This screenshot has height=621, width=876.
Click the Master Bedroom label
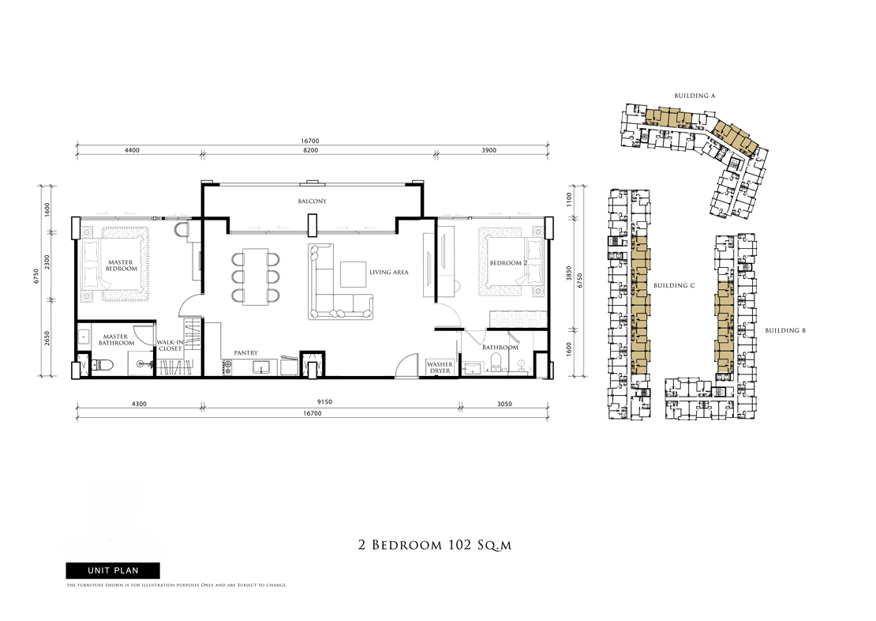[122, 265]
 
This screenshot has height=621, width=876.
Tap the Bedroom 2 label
[507, 263]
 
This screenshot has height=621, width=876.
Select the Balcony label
[313, 201]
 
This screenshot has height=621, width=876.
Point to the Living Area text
[389, 273]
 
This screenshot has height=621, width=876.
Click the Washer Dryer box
[440, 367]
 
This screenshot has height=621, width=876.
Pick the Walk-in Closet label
[170, 345]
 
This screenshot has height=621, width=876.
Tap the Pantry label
[245, 353]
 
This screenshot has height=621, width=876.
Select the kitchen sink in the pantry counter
[262, 367]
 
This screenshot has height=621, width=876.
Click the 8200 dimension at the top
[311, 150]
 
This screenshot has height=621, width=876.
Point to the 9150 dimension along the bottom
[324, 402]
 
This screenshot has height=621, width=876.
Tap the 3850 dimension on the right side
[569, 273]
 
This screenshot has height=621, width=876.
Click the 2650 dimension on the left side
[47, 338]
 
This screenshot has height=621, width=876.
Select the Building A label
[694, 96]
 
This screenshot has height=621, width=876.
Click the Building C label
[674, 285]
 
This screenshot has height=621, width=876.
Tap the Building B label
[785, 330]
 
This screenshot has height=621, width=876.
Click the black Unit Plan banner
[113, 570]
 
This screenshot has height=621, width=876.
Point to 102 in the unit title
[458, 545]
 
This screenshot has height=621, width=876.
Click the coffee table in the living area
[353, 274]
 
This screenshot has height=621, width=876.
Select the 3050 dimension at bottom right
[504, 404]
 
